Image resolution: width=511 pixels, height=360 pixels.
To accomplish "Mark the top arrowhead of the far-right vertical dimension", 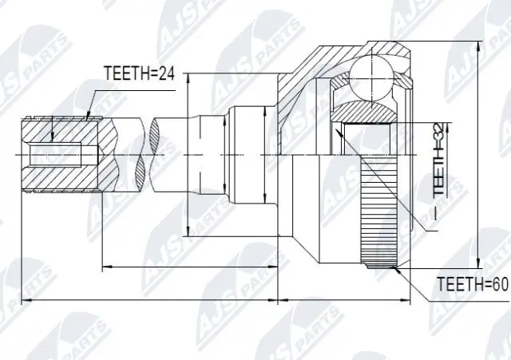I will (478, 43).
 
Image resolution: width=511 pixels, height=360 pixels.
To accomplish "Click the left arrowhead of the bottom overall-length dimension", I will (25, 302).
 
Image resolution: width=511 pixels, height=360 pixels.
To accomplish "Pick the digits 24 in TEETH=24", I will (168, 73).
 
